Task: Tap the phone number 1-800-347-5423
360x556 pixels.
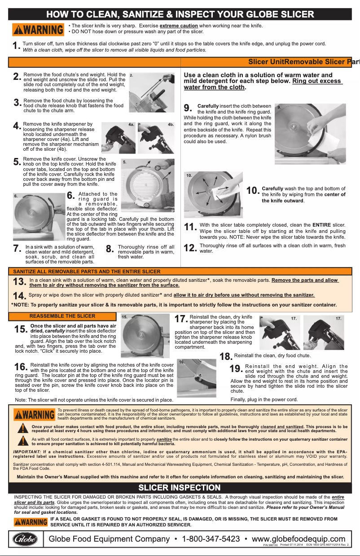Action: (211, 538)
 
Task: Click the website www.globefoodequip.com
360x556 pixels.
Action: (299, 538)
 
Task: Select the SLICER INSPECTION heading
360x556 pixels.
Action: (180, 487)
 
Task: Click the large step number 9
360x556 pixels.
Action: (189, 108)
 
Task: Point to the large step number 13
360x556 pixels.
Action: (19, 281)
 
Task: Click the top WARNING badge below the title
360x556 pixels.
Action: (39, 29)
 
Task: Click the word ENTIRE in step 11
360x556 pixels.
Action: (322, 224)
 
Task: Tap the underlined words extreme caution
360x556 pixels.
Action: (179, 26)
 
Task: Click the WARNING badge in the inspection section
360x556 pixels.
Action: (31, 522)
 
